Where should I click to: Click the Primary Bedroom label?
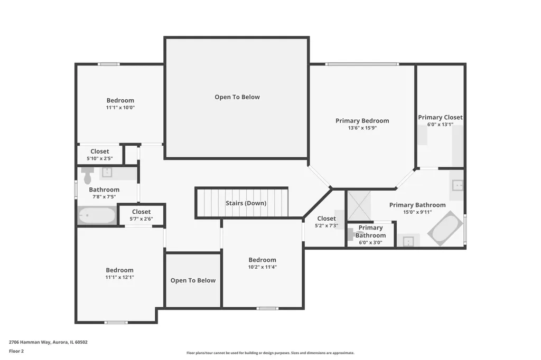pyautogui.click(x=362, y=121)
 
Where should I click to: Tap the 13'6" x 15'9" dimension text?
pyautogui.click(x=362, y=128)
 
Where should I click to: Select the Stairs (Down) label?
pyautogui.click(x=246, y=203)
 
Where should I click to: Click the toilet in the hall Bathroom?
pyautogui.click(x=88, y=175)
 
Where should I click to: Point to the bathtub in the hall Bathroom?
pyautogui.click(x=97, y=215)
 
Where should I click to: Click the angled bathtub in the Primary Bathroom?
pyautogui.click(x=445, y=228)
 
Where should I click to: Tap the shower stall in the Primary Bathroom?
pyautogui.click(x=359, y=206)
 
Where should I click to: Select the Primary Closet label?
pyautogui.click(x=440, y=117)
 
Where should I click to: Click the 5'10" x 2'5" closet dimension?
pyautogui.click(x=100, y=158)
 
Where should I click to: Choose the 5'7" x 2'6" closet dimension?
pyautogui.click(x=141, y=219)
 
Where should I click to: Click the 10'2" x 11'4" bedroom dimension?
pyautogui.click(x=262, y=267)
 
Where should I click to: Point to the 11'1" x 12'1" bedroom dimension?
pyautogui.click(x=120, y=277)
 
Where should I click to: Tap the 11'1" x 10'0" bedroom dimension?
pyautogui.click(x=120, y=108)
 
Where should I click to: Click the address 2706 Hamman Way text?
pyautogui.click(x=30, y=343)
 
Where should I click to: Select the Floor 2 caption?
pyautogui.click(x=16, y=352)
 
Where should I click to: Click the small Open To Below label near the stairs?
pyautogui.click(x=193, y=280)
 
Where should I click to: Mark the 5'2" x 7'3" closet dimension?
pyautogui.click(x=327, y=226)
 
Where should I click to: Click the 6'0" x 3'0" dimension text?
pyautogui.click(x=370, y=242)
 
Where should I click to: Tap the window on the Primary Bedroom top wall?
pyautogui.click(x=362, y=64)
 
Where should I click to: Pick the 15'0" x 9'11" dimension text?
pyautogui.click(x=417, y=212)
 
